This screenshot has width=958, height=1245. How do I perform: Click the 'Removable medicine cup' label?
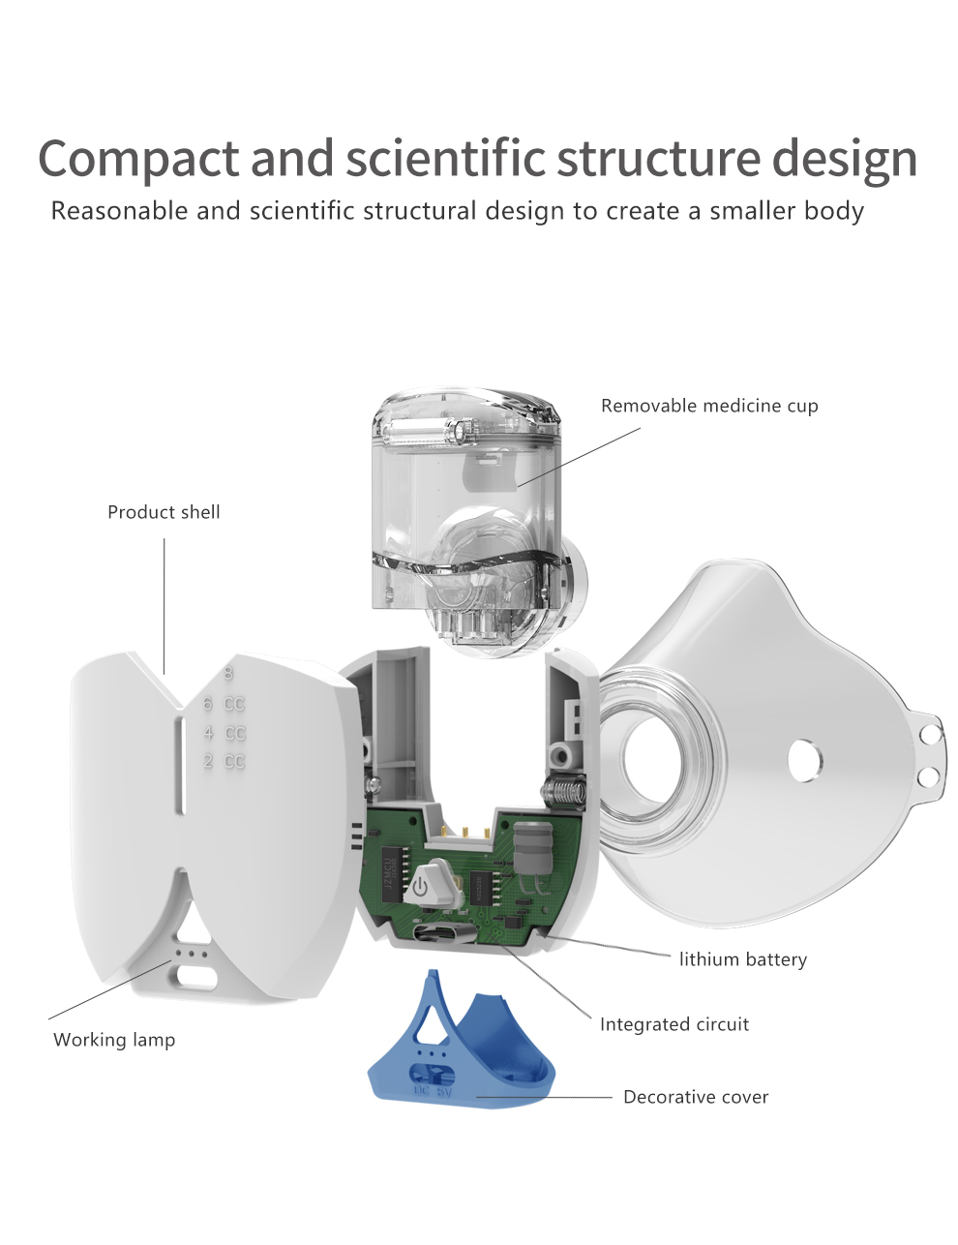pos(709,406)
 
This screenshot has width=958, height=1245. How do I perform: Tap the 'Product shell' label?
pos(164,512)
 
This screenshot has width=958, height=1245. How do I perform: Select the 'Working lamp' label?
pos(114,1040)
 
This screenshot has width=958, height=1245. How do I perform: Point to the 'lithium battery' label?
pos(742,959)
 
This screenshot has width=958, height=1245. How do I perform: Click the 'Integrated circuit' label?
pos(674,1024)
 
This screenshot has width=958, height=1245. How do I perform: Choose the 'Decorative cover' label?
pos(695,1097)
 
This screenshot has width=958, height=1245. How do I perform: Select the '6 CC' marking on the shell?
pos(224,705)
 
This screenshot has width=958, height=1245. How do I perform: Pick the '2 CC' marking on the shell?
pos(224,762)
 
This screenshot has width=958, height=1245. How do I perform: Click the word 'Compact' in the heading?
pos(137,159)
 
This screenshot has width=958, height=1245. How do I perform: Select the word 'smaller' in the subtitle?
pos(733,210)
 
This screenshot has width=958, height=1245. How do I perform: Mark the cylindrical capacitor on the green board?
pos(531,848)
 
